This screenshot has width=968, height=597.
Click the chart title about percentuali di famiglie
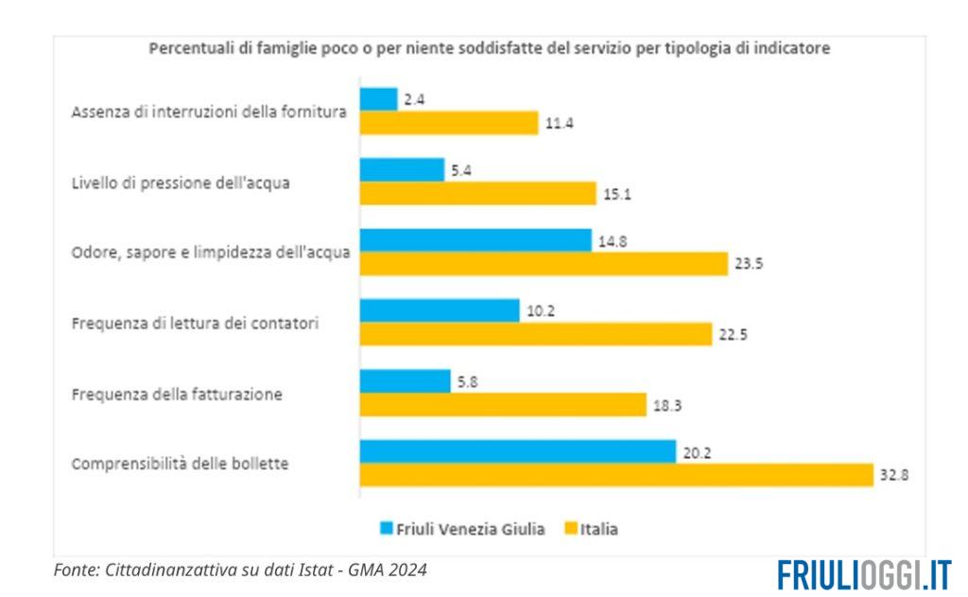(490, 48)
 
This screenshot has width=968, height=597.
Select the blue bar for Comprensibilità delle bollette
(518, 452)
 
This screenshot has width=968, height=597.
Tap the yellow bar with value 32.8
(616, 476)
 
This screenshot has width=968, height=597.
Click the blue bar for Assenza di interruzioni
(379, 99)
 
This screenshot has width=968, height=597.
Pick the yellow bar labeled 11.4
(449, 123)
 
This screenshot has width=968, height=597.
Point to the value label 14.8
(613, 241)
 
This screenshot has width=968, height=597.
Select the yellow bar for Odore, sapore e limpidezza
(544, 264)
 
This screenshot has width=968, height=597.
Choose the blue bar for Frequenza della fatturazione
(406, 381)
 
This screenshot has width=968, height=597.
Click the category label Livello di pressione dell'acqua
(181, 183)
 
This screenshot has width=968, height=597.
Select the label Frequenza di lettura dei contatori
(195, 324)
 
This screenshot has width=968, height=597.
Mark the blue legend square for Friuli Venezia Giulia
(386, 528)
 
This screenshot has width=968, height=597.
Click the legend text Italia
(599, 529)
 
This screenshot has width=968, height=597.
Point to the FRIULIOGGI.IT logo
(864, 573)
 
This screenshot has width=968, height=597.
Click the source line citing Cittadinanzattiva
(240, 570)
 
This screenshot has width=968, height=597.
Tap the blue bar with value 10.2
(440, 311)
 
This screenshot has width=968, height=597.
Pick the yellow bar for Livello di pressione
(478, 193)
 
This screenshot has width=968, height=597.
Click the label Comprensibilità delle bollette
(180, 465)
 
